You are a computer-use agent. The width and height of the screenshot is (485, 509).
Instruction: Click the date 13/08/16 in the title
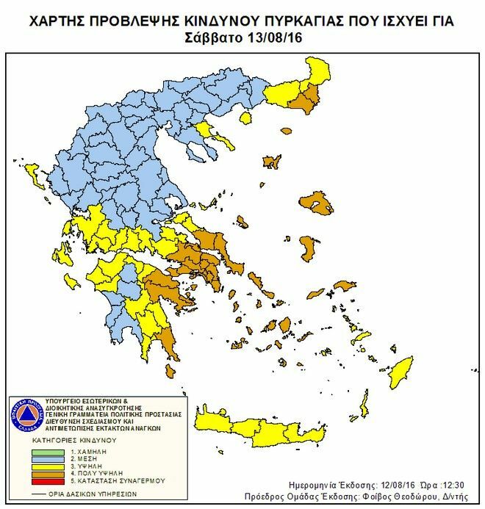pos(277,37)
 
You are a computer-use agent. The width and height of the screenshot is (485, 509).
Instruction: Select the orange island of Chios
pos(306,248)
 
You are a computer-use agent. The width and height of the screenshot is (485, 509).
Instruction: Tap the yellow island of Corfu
pos(33,176)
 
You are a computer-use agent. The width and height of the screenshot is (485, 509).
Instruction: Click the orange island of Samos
pos(344,286)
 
